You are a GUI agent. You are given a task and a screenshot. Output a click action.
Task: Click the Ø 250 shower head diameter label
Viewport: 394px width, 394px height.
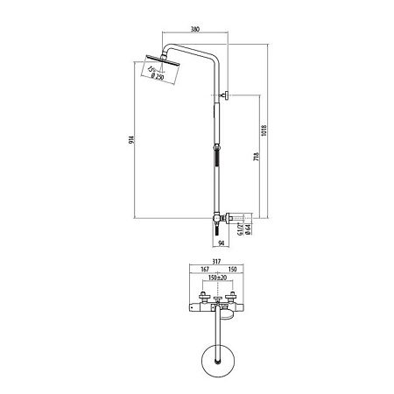point(161,77)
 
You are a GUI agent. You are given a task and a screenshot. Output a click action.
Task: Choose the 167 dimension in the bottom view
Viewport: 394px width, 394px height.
point(203,270)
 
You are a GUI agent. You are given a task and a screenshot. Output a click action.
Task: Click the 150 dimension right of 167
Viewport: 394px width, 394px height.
point(233,270)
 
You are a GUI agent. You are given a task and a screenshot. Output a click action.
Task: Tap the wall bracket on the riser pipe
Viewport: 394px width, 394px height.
point(223,96)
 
